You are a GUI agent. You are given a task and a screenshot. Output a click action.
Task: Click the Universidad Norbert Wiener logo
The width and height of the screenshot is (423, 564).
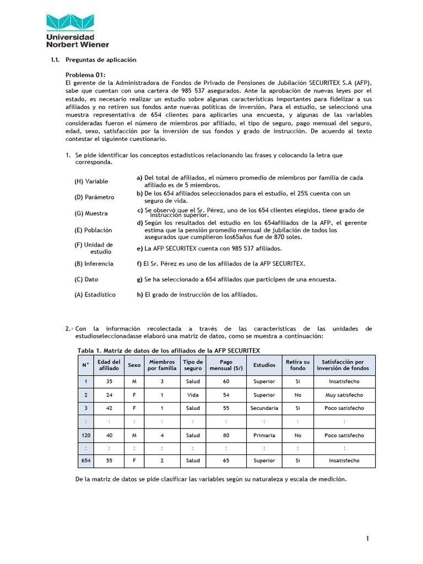77,30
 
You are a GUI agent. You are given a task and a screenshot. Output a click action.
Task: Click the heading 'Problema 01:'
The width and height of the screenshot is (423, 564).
85,75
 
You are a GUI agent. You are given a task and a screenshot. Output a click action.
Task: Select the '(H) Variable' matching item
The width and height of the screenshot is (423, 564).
91,181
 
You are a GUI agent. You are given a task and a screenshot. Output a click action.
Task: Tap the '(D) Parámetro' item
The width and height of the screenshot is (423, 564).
94,197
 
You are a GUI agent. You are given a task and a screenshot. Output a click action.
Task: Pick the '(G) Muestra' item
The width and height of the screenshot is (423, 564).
91,213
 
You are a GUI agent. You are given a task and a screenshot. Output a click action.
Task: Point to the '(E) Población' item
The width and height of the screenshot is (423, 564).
93,230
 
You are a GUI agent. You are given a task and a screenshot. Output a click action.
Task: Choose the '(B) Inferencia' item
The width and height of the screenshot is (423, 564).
94,264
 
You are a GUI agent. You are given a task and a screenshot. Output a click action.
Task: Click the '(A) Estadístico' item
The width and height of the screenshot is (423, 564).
95,295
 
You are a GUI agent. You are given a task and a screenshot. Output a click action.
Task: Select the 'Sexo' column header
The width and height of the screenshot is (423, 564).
134,365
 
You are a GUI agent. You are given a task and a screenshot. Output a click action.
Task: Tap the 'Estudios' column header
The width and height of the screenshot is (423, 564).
264,365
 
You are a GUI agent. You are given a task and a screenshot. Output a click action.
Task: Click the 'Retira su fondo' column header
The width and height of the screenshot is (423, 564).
297,365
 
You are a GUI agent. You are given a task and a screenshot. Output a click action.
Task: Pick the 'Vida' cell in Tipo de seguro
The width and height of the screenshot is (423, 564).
193,395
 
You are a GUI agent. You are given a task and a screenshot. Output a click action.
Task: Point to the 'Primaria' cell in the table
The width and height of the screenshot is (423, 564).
264,435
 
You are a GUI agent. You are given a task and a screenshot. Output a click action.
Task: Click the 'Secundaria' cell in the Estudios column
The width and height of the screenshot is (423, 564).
264,408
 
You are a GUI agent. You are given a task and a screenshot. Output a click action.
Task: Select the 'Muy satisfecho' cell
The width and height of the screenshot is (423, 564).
344,395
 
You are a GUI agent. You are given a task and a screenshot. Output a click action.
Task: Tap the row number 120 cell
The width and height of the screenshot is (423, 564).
85,435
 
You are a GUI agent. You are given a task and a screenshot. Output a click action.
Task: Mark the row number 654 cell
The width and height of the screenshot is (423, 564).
85,460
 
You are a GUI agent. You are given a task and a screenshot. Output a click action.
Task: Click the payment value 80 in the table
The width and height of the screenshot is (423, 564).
226,435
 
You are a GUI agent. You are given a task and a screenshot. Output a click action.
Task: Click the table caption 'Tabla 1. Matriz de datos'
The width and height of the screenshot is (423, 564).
169,350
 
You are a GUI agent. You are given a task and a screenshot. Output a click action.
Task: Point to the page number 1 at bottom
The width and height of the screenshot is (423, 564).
367,539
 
